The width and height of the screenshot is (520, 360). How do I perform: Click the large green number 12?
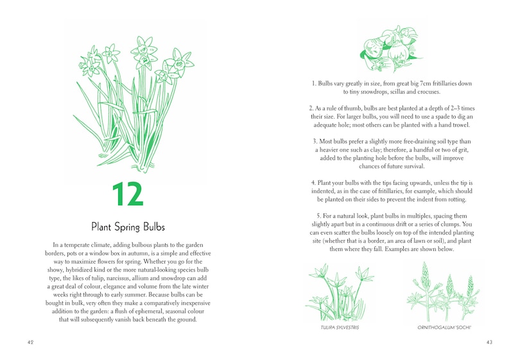[127, 194]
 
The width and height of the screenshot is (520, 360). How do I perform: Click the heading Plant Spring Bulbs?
[128, 227]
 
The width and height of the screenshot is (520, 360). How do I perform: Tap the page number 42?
[31, 342]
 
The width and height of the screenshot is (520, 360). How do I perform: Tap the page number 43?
[489, 342]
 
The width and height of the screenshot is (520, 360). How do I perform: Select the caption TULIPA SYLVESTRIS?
[340, 328]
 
